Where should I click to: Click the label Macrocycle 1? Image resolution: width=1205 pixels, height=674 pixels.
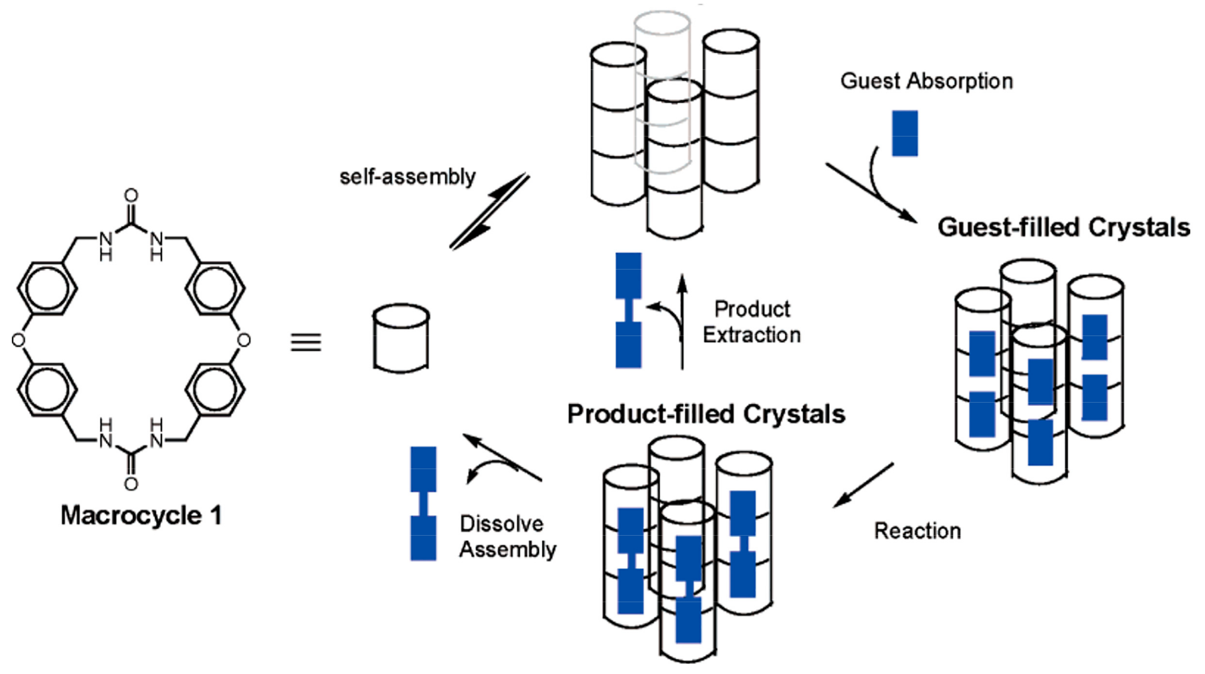141,516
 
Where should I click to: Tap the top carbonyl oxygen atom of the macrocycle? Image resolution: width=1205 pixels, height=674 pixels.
131,196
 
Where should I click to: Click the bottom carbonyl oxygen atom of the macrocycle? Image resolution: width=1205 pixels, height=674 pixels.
131,484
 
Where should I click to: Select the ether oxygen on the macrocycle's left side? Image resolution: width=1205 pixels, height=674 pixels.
18,340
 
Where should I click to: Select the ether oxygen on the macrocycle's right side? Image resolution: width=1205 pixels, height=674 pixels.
243,340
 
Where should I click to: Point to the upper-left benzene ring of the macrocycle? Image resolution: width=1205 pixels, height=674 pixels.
47,288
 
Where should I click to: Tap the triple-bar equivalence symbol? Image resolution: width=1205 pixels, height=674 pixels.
306,342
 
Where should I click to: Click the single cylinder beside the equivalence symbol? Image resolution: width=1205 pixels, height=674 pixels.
401,338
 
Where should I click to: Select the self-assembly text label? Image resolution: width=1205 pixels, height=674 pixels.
407,177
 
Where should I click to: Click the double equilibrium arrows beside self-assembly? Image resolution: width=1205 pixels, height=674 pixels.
489,211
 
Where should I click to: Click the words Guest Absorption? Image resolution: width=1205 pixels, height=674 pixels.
927,81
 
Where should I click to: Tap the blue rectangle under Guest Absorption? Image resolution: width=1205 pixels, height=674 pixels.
905,134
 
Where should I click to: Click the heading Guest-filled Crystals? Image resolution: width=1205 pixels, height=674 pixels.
1064,227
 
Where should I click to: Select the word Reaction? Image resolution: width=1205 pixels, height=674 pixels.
917,531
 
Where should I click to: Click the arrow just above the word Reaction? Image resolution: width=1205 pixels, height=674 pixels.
863,485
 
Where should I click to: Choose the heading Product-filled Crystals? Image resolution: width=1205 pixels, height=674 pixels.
706,414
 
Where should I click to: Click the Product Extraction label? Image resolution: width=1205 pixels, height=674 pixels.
752,322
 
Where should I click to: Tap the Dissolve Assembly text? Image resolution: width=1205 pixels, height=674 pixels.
508,537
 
